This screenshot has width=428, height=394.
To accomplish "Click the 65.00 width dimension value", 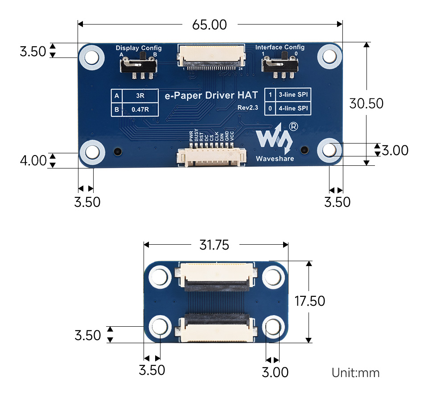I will pyautogui.click(x=210, y=25).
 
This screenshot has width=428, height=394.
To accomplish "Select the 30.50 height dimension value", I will pyautogui.click(x=366, y=103).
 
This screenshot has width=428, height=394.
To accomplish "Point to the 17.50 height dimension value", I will pyautogui.click(x=310, y=301).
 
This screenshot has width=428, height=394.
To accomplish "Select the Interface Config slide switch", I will pyautogui.click(x=280, y=66).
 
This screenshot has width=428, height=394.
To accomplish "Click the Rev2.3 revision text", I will pyautogui.click(x=248, y=107).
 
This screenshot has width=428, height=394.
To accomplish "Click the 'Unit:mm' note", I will pyautogui.click(x=355, y=373).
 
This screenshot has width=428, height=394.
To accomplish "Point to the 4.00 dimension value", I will pyautogui.click(x=33, y=160).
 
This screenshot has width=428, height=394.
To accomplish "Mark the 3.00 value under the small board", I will pyautogui.click(x=275, y=372).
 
